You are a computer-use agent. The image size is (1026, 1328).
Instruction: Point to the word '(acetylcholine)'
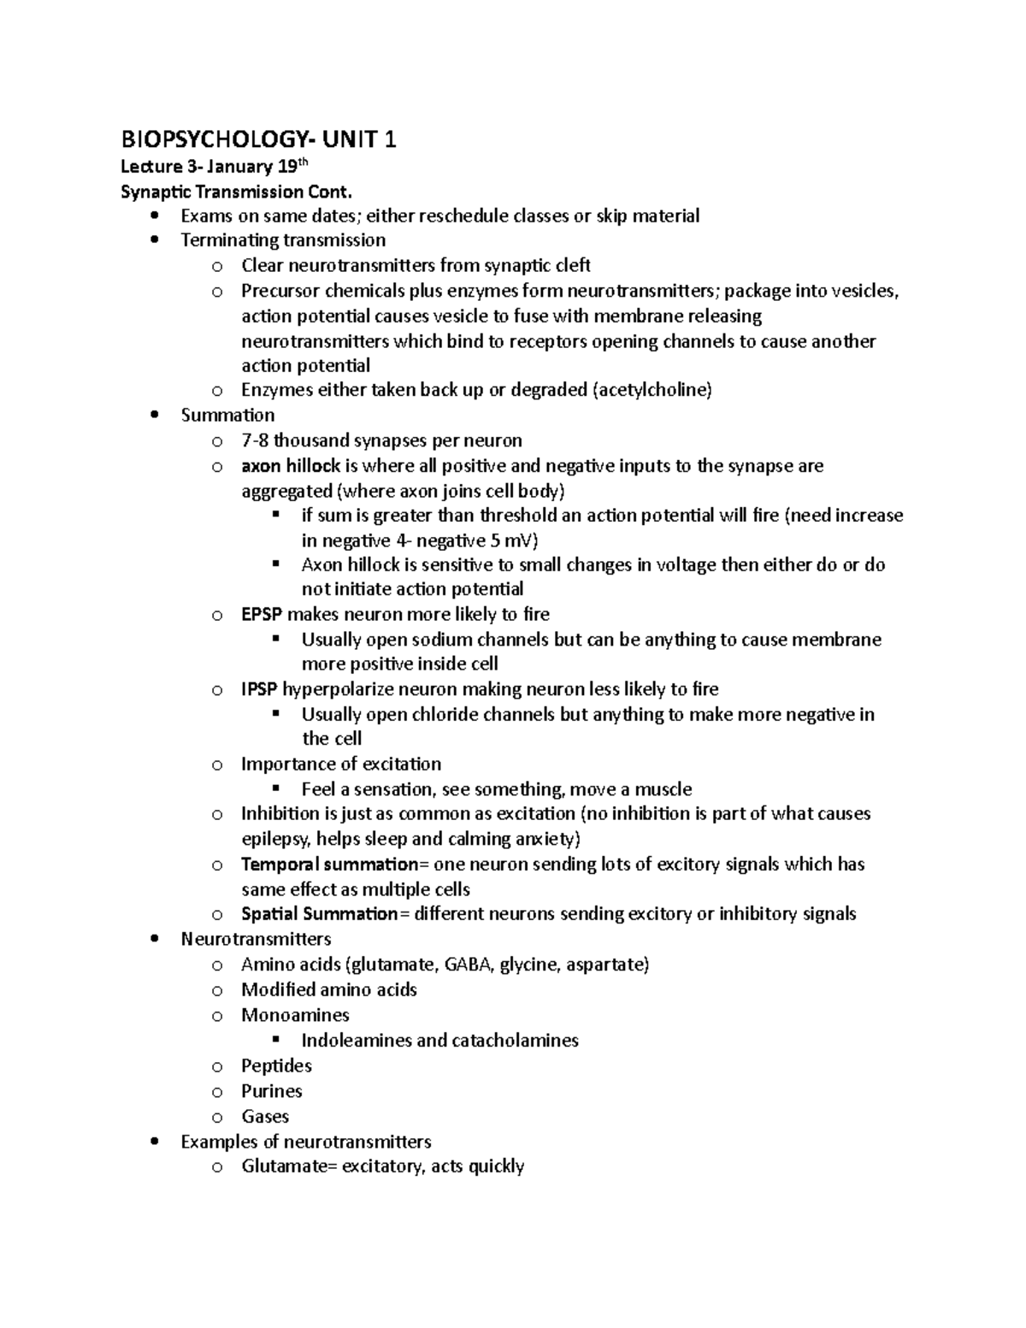pyautogui.click(x=651, y=390)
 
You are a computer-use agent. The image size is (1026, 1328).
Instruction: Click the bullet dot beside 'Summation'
pyautogui.click(x=154, y=416)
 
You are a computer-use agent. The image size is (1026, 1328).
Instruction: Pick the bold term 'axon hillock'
pyautogui.click(x=291, y=466)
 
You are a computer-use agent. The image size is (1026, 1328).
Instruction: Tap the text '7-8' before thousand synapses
pyautogui.click(x=255, y=440)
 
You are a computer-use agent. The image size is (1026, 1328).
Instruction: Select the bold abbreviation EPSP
pyautogui.click(x=262, y=614)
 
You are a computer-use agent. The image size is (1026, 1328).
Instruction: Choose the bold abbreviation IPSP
pyautogui.click(x=259, y=689)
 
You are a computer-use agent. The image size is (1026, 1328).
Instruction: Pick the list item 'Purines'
pyautogui.click(x=272, y=1091)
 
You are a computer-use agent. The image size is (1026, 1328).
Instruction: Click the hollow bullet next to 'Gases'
pyautogui.click(x=217, y=1117)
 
